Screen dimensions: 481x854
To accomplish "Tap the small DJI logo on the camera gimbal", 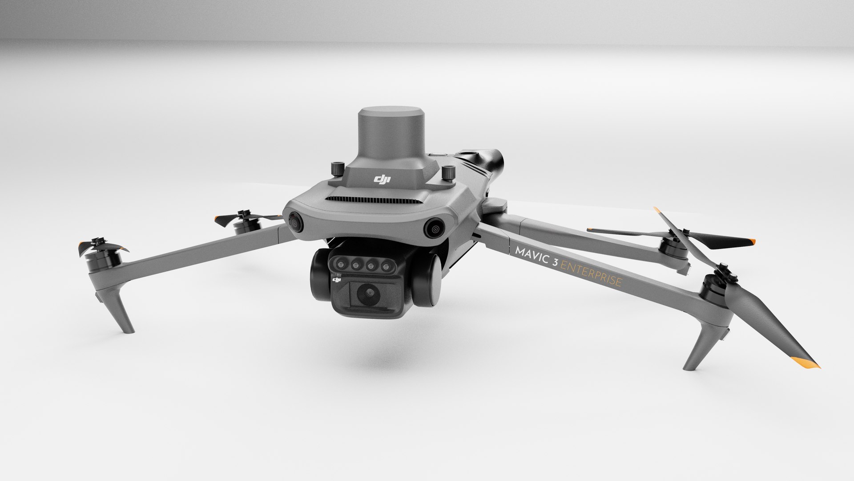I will (337, 280).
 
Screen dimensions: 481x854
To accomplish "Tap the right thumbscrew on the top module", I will (447, 173).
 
